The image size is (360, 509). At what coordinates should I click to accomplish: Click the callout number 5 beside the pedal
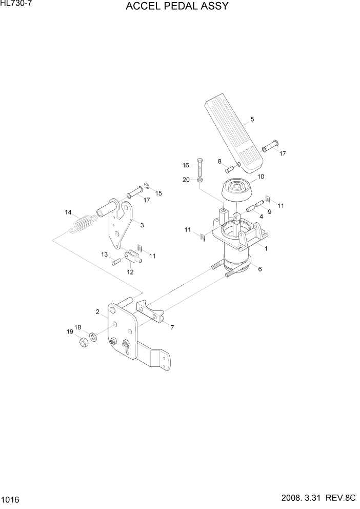tap(252, 120)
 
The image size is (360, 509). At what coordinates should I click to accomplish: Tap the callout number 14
tap(68, 212)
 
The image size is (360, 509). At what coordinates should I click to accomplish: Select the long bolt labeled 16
tap(199, 166)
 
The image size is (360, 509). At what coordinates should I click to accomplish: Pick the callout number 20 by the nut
tap(186, 180)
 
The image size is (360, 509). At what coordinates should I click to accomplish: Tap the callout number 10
tap(261, 177)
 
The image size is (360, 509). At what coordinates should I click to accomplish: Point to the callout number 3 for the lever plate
tap(142, 225)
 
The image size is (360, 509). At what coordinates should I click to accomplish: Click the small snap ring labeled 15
tap(146, 185)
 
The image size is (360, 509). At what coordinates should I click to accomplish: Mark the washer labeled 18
tap(93, 337)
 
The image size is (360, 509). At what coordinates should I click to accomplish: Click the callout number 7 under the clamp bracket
tap(172, 327)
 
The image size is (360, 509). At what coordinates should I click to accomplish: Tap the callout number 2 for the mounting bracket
tap(97, 311)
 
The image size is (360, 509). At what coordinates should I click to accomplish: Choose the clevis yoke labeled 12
tap(134, 255)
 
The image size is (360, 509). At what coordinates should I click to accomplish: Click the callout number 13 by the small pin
tap(104, 254)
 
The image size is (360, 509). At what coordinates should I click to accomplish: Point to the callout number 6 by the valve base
tap(259, 269)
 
